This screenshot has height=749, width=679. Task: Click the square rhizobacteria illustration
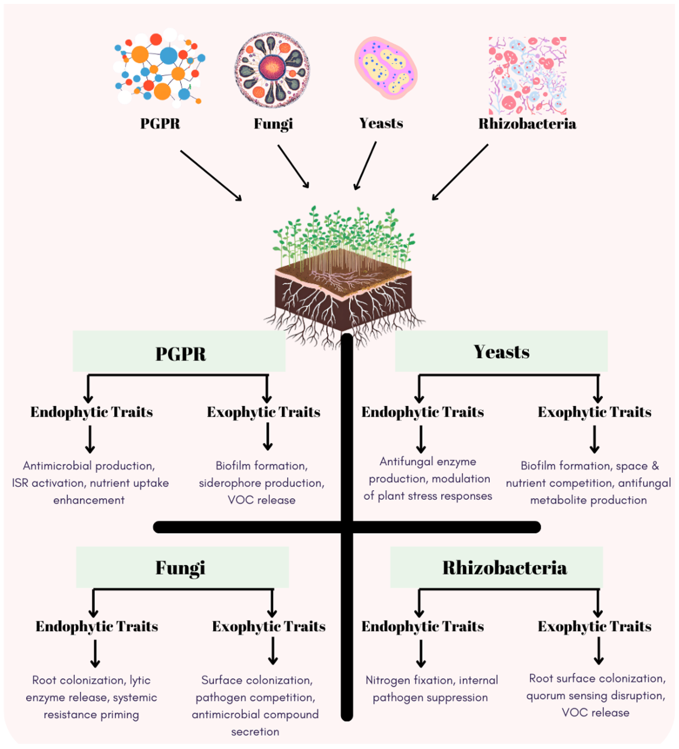pos(527,75)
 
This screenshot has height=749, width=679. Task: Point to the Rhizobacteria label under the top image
pos(527,124)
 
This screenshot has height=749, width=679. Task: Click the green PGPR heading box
pos(179,351)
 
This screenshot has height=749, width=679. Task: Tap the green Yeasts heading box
pos(501,351)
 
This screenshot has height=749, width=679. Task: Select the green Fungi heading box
pos(182,567)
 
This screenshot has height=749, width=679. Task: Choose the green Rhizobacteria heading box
pos(496,567)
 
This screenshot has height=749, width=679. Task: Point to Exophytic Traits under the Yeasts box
pos(594,412)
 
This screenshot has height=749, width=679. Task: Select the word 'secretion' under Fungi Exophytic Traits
pos(255,732)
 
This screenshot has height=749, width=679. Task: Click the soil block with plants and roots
pos(343,282)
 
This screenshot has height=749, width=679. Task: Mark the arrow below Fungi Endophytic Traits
pos(95,653)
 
